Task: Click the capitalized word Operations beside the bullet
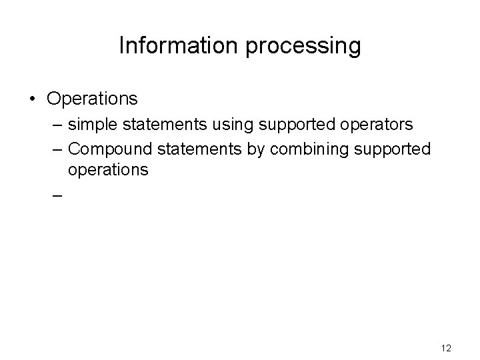[92, 99]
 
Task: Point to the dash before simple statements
[55, 125]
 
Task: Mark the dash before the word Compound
[55, 148]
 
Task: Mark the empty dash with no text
[55, 196]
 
